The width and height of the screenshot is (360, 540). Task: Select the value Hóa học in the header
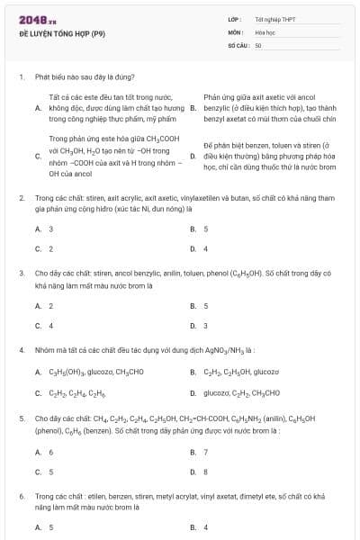pyautogui.click(x=264, y=31)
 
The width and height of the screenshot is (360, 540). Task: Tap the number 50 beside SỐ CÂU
pyautogui.click(x=258, y=44)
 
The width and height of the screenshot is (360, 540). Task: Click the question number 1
pyautogui.click(x=21, y=77)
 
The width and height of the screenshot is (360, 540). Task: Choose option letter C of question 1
pyautogui.click(x=38, y=156)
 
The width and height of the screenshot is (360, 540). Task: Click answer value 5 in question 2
pyautogui.click(x=205, y=229)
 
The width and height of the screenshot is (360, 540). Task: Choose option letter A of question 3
pyautogui.click(x=38, y=306)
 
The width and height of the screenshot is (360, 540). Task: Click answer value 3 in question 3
pyautogui.click(x=205, y=326)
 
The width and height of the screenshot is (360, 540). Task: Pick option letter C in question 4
pyautogui.click(x=38, y=392)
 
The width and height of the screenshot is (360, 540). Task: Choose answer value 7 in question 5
pyautogui.click(x=205, y=452)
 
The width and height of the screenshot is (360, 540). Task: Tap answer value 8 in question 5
pyautogui.click(x=205, y=472)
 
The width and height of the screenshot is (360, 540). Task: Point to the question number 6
pyautogui.click(x=21, y=495)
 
